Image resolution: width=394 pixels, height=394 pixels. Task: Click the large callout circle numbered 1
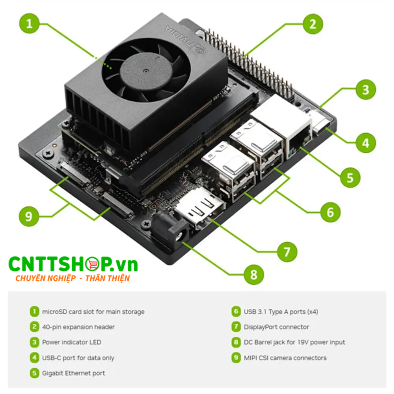point(30,23)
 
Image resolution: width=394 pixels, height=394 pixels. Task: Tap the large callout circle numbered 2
point(312,23)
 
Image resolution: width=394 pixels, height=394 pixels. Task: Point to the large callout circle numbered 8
point(254,274)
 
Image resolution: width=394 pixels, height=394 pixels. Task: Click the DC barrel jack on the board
point(175,231)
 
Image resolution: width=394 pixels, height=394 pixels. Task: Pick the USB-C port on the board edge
point(320,123)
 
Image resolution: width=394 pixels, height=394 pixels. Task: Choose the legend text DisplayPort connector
point(276,327)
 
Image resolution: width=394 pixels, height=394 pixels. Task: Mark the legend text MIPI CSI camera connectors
point(285,358)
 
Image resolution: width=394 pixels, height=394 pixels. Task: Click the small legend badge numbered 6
point(236,311)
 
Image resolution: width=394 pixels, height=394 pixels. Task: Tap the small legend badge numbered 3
point(34,342)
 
